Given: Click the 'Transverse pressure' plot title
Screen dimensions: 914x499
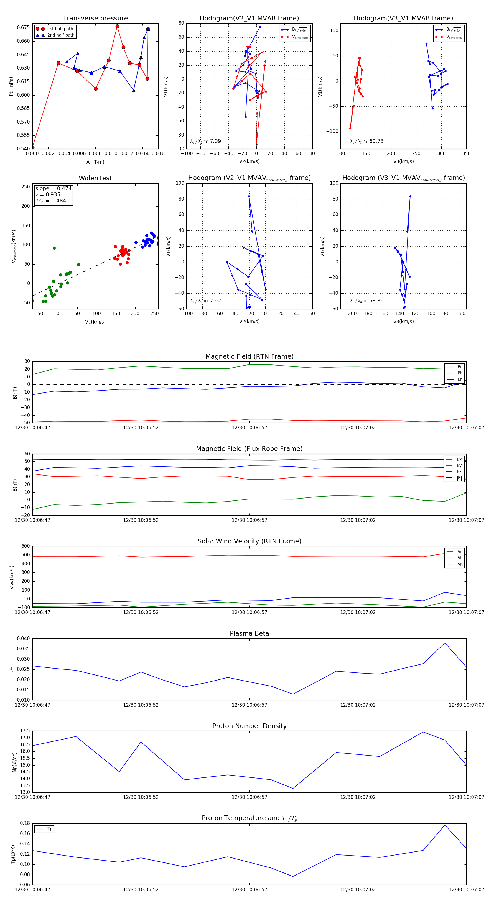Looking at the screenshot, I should point(95,19).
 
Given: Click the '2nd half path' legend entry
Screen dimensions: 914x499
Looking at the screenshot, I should point(61,35).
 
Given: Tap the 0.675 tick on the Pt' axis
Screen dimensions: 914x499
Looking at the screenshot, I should point(24,27).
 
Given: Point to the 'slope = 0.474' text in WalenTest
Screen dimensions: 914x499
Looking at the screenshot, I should point(53,188).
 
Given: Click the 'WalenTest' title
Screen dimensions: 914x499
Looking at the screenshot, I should point(95,178).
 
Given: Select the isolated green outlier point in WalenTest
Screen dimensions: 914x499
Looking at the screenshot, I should point(54,248).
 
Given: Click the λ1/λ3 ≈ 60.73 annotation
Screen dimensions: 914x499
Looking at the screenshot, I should point(366,141).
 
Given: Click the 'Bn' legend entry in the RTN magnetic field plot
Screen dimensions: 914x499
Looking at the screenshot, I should point(460,379).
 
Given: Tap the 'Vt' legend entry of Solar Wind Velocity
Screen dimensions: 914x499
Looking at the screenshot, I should point(460,558).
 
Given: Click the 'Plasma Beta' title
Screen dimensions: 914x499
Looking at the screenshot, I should point(249,634).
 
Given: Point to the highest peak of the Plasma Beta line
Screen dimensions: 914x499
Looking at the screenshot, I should point(445,643).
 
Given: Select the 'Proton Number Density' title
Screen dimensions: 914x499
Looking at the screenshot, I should point(249,726).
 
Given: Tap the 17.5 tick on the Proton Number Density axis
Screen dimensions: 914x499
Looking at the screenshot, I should point(25,731).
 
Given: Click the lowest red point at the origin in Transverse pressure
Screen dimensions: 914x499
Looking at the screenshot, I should point(32,148).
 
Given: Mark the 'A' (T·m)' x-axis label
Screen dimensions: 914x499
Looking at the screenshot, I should point(95,162).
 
